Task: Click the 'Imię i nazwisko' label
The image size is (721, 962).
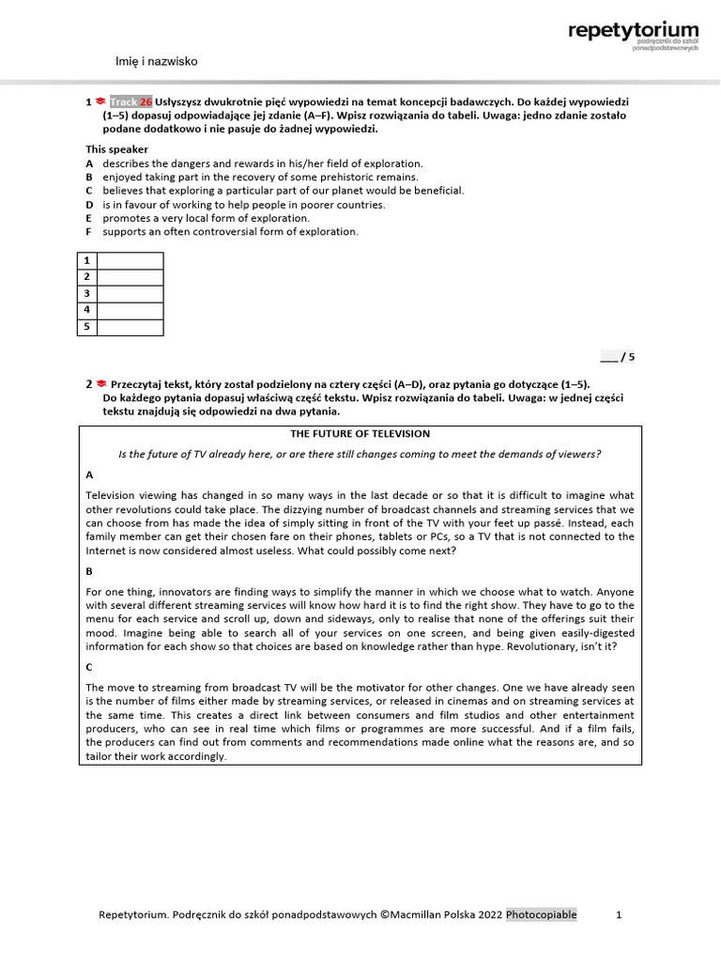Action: point(156,61)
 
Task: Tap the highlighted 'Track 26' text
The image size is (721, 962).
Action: point(130,101)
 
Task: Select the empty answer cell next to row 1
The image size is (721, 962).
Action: point(130,260)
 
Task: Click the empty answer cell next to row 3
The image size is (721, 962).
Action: point(130,294)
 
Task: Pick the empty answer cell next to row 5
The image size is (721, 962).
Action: point(130,327)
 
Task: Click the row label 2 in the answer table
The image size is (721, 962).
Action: point(86,277)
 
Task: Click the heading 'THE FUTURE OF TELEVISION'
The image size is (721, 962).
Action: point(360,434)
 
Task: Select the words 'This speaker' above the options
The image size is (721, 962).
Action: point(116,149)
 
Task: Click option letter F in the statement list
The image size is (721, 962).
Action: point(89,231)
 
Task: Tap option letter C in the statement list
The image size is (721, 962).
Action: point(89,191)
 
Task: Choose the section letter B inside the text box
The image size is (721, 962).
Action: point(89,570)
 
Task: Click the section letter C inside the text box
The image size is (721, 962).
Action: point(89,666)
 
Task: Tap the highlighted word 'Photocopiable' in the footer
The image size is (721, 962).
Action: point(542,915)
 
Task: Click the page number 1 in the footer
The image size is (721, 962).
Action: point(619,915)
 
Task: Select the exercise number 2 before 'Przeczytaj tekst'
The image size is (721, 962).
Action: point(88,384)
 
